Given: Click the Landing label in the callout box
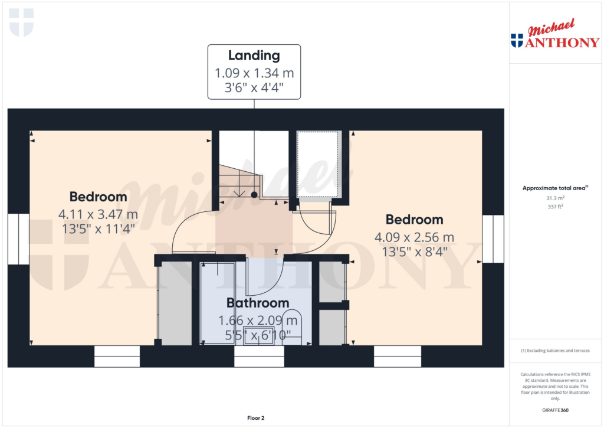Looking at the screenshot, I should (254, 56).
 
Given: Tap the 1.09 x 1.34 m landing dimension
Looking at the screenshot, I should (254, 74).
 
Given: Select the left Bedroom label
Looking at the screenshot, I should (98, 197).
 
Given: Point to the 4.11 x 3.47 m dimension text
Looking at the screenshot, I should (99, 214).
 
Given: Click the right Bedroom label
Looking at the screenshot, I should (414, 220).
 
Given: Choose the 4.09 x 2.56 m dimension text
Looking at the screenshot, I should (414, 237).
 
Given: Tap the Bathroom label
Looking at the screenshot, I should (258, 303).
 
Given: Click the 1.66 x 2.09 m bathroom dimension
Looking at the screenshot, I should (258, 321).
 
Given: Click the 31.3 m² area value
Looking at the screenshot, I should (555, 198).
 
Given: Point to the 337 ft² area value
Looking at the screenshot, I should (555, 207).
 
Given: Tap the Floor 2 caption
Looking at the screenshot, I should (255, 418).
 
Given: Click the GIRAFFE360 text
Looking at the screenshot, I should (555, 410).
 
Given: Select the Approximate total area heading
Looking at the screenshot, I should (555, 188).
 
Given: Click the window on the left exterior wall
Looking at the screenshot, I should (18, 239).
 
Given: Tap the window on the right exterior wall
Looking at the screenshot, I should (493, 239).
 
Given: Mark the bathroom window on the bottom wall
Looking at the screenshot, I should (259, 357).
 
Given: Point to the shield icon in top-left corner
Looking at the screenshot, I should (22, 22).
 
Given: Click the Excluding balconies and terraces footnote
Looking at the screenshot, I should (555, 351).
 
